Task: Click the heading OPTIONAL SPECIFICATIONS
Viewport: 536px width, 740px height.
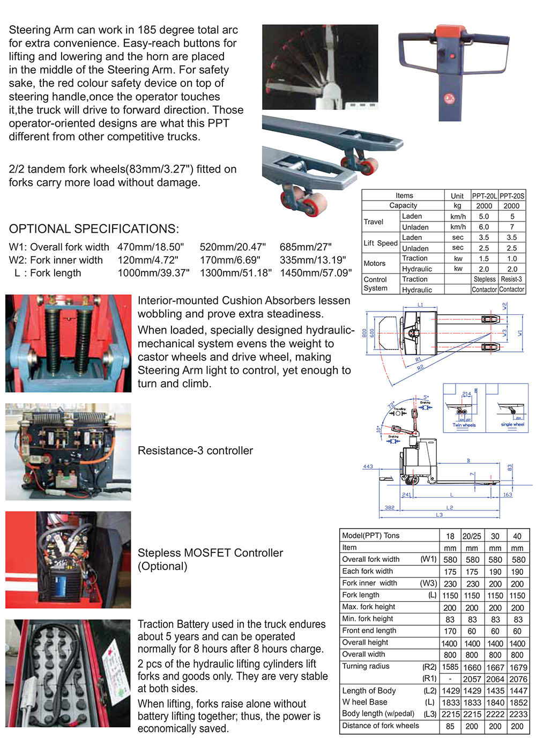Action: (94, 229)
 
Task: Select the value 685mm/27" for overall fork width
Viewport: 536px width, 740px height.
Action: (306, 247)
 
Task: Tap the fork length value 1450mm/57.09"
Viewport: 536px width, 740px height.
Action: (316, 273)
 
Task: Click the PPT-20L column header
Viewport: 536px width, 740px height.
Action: (485, 196)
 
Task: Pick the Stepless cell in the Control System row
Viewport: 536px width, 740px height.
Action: (485, 279)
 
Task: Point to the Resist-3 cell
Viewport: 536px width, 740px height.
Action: (511, 279)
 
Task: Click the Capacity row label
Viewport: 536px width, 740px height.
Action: (403, 205)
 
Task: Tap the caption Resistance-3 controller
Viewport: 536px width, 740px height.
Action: (195, 450)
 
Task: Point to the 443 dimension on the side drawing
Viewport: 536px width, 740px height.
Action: (368, 467)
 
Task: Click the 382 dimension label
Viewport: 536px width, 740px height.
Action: (390, 507)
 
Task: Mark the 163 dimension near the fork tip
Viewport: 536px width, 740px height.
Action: (508, 495)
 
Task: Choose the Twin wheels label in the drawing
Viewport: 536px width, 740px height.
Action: (464, 425)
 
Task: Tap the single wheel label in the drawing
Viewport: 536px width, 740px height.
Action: (512, 425)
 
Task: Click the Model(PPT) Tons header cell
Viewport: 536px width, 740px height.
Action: (371, 535)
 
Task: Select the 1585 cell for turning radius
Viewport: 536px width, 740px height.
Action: (450, 667)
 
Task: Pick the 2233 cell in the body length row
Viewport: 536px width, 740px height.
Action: (518, 714)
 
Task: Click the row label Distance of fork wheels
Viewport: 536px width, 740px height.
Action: (381, 726)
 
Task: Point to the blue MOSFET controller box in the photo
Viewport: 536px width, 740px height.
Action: (63, 582)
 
